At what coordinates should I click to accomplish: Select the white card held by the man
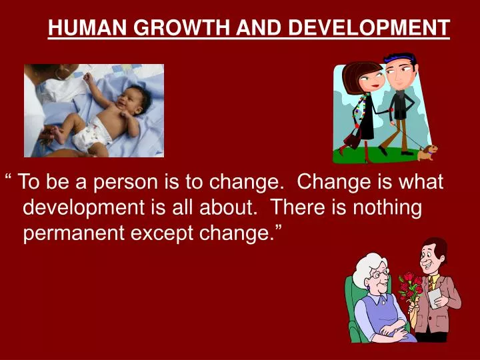(435, 297)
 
